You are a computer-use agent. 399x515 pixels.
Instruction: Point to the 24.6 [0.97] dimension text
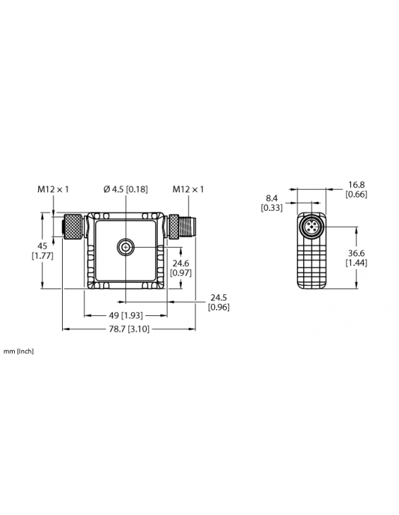coord(180,267)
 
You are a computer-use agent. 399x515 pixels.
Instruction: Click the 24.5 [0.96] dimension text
coord(219,302)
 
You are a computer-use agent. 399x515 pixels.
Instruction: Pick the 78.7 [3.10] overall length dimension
coord(128,329)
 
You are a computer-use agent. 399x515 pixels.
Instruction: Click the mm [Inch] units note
coord(18,351)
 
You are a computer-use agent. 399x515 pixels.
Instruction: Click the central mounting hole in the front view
coord(125,246)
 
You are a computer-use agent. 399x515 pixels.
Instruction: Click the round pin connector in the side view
coord(311,226)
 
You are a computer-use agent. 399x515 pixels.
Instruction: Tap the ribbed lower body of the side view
coord(311,265)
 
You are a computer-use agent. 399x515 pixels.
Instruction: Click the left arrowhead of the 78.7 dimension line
coord(66,329)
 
